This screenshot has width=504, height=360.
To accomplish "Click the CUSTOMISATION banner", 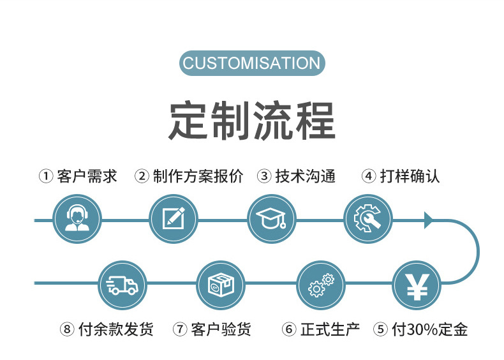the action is point(252,63).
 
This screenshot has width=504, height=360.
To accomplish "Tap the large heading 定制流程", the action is point(252,120).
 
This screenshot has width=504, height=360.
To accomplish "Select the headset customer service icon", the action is point(77,219).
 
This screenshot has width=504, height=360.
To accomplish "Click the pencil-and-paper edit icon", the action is point(174,219).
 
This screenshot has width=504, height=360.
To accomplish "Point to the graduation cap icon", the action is point(271,219).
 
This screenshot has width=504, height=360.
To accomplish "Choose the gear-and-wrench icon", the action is point(368,219).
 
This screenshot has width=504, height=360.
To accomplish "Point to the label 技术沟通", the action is point(305,176).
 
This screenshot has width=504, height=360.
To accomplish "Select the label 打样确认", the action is point(410,176).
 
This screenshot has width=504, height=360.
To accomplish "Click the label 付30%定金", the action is point(430,329).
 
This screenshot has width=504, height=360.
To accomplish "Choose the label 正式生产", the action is point(330,329).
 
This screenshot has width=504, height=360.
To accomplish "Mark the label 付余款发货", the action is point(115,329).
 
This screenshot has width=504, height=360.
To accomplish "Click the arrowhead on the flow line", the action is point(429,220).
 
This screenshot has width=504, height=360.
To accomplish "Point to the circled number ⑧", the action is point(68,329).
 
